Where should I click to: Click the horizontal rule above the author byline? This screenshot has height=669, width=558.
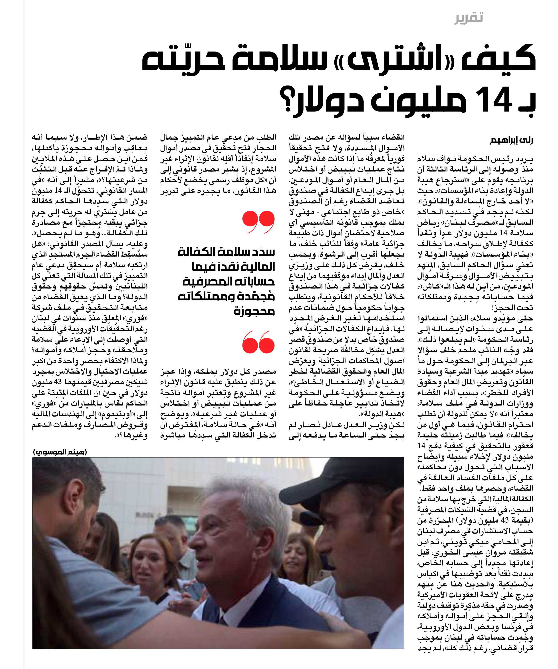click(x=475, y=135)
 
